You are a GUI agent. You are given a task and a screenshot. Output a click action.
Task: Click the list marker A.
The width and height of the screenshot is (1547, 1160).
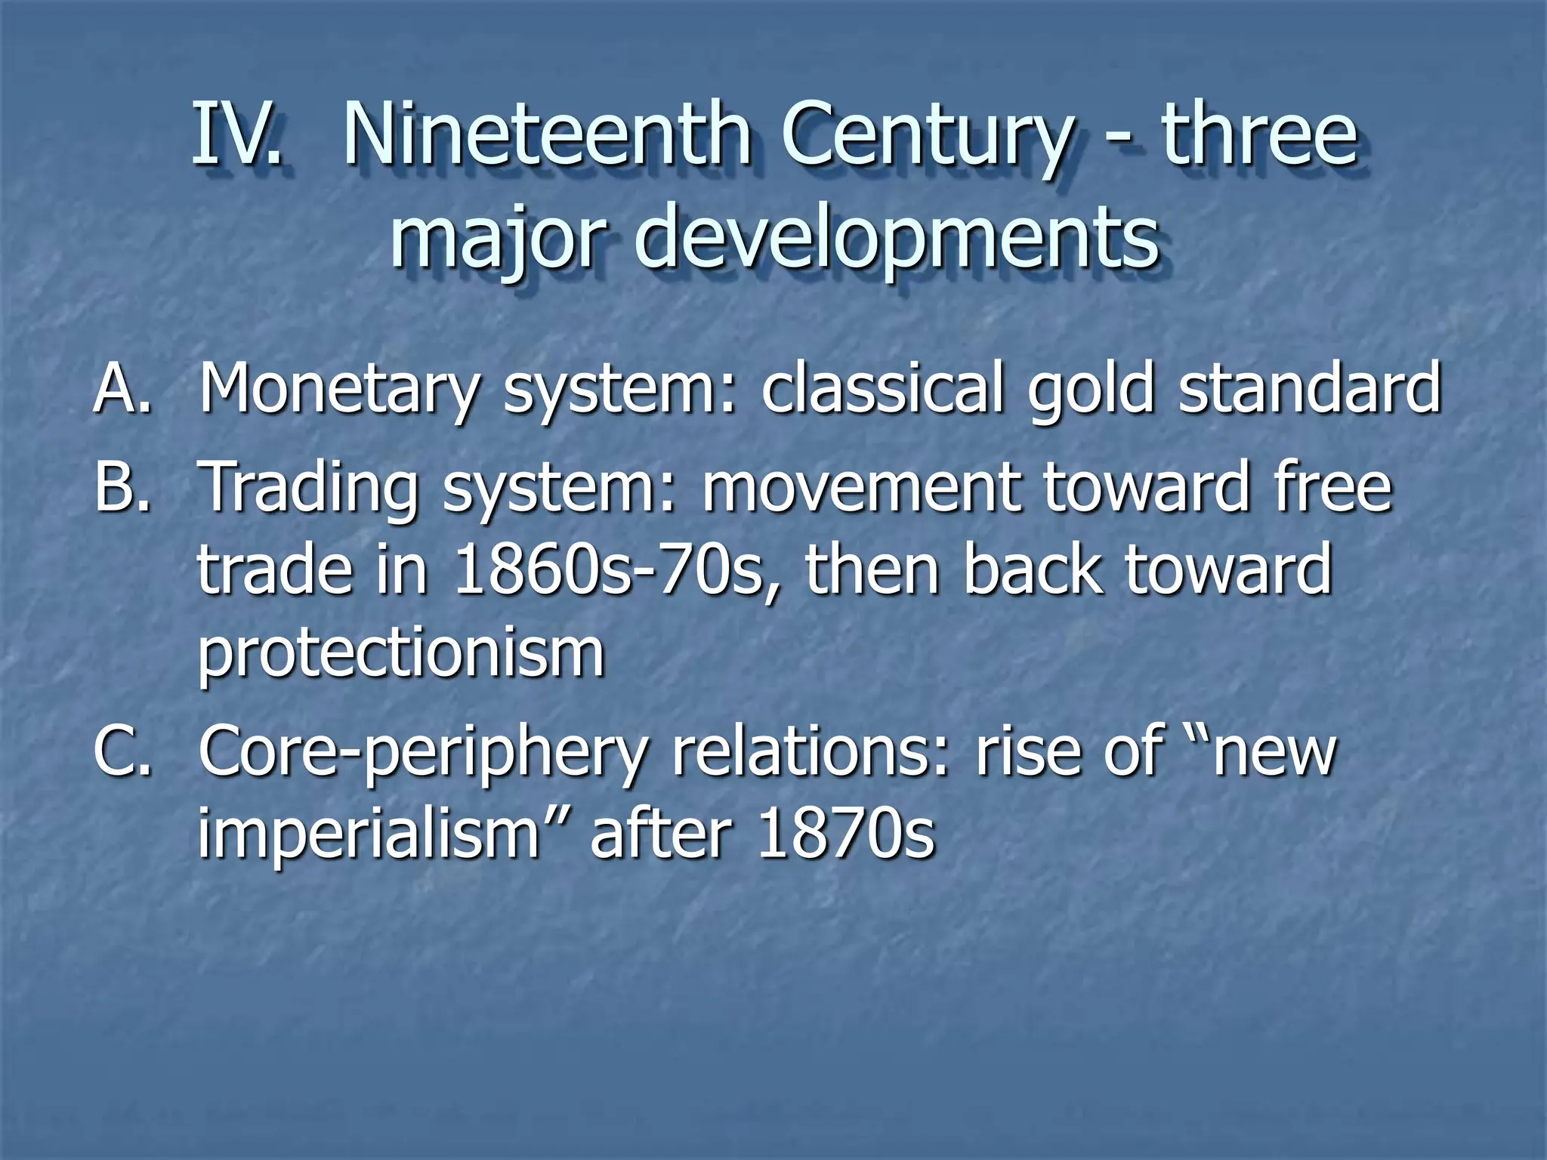pos(121,388)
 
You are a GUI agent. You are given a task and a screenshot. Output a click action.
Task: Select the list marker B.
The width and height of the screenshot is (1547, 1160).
pos(121,487)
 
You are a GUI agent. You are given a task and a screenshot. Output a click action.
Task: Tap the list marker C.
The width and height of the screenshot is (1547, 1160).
pos(121,751)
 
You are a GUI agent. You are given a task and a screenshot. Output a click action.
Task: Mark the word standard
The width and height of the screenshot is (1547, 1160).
pos(1310,388)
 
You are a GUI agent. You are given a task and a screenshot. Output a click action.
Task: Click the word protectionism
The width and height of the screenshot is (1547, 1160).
pos(400,653)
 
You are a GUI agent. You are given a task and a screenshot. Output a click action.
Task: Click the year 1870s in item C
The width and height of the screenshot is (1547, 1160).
pos(846,835)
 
